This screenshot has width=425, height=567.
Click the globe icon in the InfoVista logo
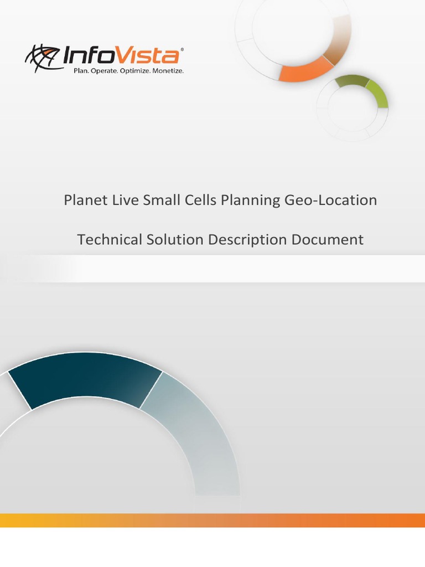click(42, 58)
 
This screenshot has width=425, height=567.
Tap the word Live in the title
click(123, 200)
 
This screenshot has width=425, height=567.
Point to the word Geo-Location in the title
click(331, 200)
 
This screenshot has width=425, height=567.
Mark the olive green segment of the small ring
click(352, 81)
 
